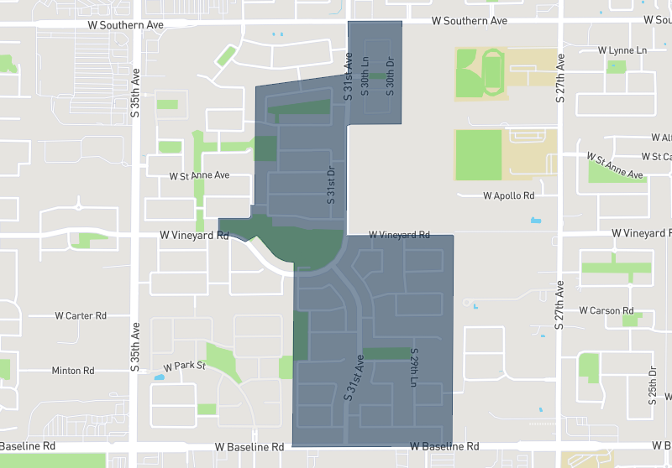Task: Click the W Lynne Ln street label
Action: (622, 50)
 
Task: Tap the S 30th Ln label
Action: (365, 76)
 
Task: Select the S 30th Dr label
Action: (390, 76)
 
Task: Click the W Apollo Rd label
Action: (509, 196)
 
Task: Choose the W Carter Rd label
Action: (81, 316)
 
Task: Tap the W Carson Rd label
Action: (606, 310)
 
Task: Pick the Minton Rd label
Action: (73, 370)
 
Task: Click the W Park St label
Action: (185, 367)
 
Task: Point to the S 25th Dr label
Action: (653, 386)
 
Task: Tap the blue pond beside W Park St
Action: (160, 377)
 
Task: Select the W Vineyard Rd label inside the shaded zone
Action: (399, 236)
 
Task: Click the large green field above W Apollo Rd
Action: (478, 154)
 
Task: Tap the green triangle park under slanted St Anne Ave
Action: (613, 172)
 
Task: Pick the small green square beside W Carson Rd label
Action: (631, 320)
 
